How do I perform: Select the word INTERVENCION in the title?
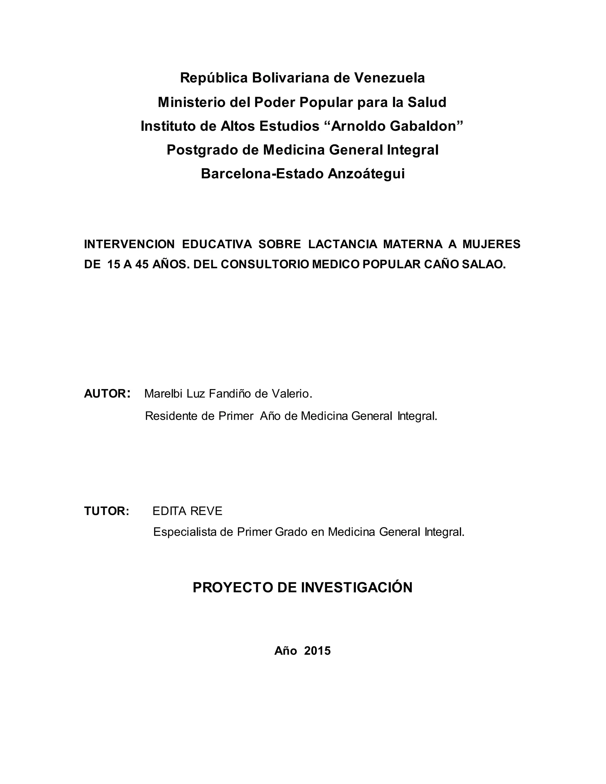(x=129, y=244)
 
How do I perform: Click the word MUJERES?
(x=491, y=244)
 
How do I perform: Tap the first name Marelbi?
(x=164, y=394)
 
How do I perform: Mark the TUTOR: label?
(x=107, y=511)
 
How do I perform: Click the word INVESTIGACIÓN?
(x=357, y=588)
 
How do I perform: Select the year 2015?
(x=317, y=651)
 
